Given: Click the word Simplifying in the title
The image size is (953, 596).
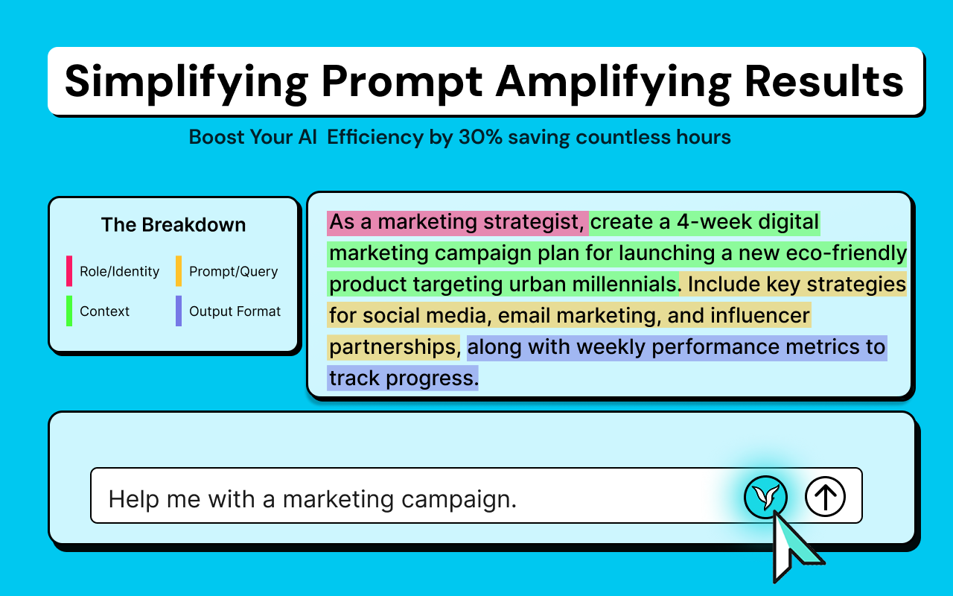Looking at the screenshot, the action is [186, 83].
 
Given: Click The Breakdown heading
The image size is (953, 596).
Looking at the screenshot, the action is [173, 224].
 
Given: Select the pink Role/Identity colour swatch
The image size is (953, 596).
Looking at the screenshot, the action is [69, 270].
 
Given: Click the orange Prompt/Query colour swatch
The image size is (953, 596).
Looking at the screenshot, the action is [179, 270].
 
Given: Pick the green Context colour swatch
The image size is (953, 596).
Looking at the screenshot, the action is [69, 311].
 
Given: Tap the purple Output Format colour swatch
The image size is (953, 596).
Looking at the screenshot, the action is [179, 311].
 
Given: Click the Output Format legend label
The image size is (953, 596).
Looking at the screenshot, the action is [235, 311].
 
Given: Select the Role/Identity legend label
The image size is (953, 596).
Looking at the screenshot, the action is [120, 271].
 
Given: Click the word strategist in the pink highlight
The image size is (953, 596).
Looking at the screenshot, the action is [535, 222].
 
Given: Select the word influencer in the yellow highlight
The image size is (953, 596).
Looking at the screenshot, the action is [760, 315].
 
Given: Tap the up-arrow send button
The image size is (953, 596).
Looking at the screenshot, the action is [826, 496].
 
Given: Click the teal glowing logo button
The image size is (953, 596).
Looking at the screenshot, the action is [766, 497].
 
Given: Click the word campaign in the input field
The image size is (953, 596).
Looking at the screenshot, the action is [459, 500].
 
